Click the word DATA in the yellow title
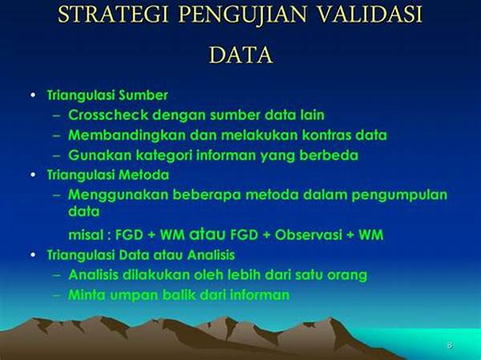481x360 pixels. pyautogui.click(x=241, y=55)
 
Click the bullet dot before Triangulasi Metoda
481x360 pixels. pyautogui.click(x=32, y=174)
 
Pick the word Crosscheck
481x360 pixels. pyautogui.click(x=105, y=115)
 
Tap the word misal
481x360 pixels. pyautogui.click(x=86, y=235)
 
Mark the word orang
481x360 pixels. pyautogui.click(x=347, y=275)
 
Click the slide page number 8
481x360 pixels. pyautogui.click(x=449, y=345)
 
